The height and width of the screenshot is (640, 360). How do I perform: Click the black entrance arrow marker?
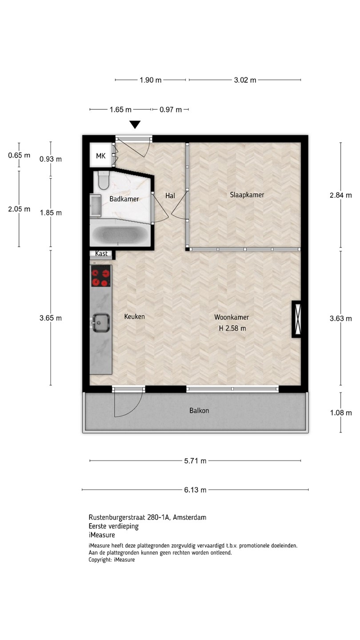click(x=135, y=124)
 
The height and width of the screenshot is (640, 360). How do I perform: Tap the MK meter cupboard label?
click(x=100, y=156)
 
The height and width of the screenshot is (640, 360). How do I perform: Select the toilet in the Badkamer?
click(x=103, y=180)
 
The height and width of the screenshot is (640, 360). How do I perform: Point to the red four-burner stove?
click(x=101, y=276)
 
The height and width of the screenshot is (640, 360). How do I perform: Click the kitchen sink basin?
click(x=100, y=323)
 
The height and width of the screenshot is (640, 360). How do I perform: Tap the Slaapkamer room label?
click(x=247, y=195)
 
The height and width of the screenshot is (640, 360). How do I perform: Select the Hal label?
click(x=170, y=196)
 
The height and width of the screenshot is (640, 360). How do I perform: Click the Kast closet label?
click(x=101, y=253)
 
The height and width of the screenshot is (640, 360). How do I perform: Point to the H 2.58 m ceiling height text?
click(x=232, y=328)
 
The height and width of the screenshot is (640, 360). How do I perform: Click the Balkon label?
click(x=199, y=411)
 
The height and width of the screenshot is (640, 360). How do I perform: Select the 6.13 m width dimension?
click(x=195, y=490)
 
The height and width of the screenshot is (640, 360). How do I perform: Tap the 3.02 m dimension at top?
click(x=245, y=80)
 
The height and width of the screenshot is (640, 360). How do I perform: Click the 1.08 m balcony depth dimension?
click(x=341, y=412)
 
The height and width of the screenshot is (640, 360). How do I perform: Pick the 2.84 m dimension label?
click(x=341, y=195)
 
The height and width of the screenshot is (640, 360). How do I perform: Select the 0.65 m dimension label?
click(x=19, y=156)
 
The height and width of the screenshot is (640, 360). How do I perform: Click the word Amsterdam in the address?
click(x=189, y=517)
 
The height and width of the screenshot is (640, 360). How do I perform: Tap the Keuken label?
click(x=134, y=316)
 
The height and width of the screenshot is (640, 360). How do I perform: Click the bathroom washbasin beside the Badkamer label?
click(x=96, y=205)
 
